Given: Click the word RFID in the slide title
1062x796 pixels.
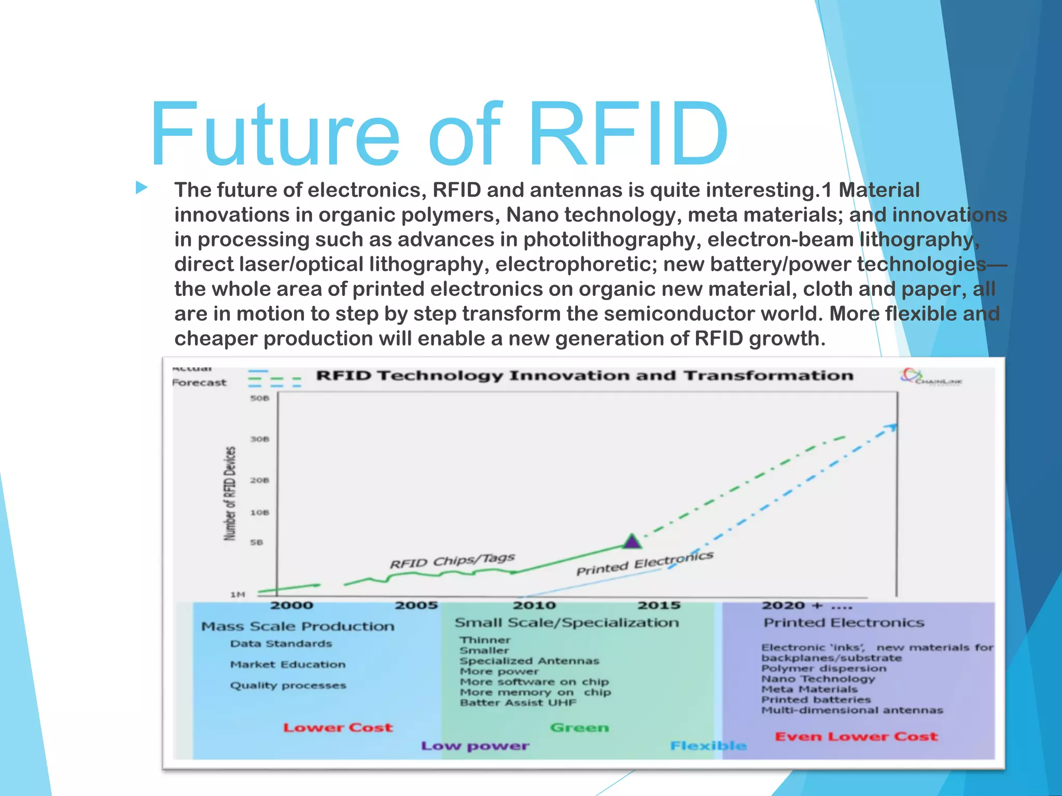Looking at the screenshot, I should (628, 135).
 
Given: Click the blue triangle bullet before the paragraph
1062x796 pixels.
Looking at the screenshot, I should (142, 188).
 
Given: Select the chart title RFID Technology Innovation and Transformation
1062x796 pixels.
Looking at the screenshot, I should (584, 375).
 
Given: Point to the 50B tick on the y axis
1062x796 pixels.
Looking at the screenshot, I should (259, 398).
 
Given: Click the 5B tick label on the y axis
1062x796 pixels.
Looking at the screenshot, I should (257, 543).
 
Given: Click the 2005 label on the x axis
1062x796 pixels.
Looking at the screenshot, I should (416, 605).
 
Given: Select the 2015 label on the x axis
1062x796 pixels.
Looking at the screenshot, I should (659, 605).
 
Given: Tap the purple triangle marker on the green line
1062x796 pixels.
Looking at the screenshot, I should (632, 542).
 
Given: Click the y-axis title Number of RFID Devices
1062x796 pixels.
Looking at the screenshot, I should (230, 493).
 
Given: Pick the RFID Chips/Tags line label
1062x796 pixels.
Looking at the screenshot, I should (452, 561).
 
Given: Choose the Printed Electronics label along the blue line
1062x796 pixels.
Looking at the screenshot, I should (645, 563).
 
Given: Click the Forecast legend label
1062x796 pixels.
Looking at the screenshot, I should (199, 383).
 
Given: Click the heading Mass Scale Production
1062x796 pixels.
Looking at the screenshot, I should (298, 627).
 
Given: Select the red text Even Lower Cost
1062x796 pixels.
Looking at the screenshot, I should (856, 736).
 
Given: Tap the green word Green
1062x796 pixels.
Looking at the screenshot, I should (579, 728).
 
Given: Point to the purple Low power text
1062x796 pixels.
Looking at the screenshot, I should (475, 746).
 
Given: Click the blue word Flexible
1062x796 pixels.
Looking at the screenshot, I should (708, 746).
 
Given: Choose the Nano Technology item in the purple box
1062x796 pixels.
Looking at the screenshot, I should (818, 679).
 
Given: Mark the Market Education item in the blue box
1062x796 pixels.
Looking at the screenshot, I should (288, 664).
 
